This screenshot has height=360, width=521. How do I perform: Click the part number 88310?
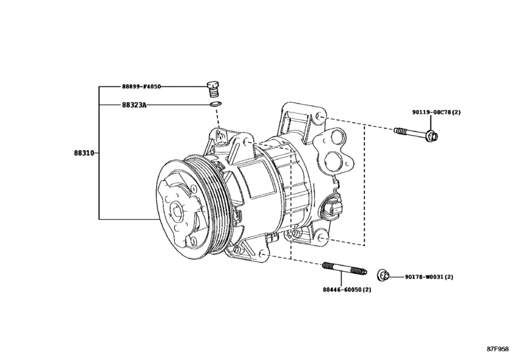(x=84, y=154)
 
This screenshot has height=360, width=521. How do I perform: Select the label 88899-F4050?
(x=141, y=85)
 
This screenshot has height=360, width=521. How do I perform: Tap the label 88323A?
(x=134, y=104)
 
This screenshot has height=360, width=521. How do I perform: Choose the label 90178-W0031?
(x=429, y=277)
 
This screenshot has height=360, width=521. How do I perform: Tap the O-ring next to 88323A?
(x=216, y=104)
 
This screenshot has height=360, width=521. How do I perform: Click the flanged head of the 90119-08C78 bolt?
(x=432, y=135)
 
